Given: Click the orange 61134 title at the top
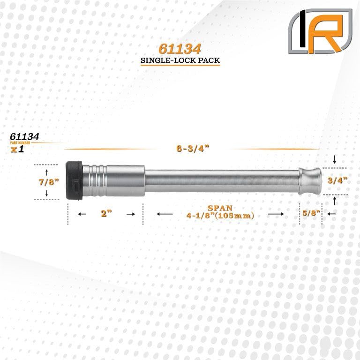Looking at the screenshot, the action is (180, 49).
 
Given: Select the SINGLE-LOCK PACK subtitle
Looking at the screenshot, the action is (180, 60).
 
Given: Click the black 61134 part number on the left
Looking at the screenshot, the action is (24, 136).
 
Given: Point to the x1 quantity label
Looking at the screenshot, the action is (17, 149).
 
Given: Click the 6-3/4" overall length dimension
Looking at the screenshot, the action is (193, 149).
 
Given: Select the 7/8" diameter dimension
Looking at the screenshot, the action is (49, 182).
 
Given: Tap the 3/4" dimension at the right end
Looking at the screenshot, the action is (337, 180).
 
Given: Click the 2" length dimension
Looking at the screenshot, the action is (106, 214).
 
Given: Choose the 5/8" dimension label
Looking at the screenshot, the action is (311, 213).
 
